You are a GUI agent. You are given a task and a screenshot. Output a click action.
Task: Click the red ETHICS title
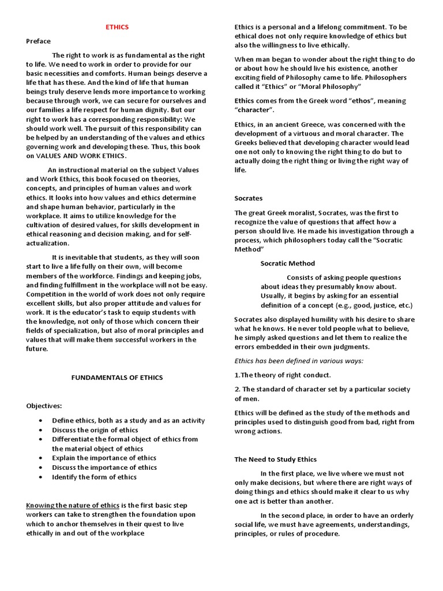tap(117, 27)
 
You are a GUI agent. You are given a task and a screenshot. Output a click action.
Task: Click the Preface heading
tap(39, 41)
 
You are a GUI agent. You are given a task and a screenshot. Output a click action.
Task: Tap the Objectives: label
tap(44, 406)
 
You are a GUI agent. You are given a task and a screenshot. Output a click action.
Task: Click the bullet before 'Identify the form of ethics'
tap(39, 477)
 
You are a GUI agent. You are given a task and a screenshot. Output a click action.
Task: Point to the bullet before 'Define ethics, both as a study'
tap(39, 421)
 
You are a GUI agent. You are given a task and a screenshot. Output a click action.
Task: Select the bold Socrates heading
tap(249, 198)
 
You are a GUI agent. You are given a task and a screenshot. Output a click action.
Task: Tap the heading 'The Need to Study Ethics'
tap(275, 459)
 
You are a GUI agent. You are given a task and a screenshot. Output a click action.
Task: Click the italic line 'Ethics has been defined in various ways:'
tap(299, 361)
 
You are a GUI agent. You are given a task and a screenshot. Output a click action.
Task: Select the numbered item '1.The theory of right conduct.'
tap(283, 375)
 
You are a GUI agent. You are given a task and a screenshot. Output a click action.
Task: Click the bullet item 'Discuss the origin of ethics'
tap(95, 430)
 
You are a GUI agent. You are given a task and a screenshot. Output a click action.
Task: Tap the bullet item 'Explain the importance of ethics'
tap(104, 458)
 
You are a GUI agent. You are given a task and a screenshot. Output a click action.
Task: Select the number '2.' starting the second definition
tap(238, 390)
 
